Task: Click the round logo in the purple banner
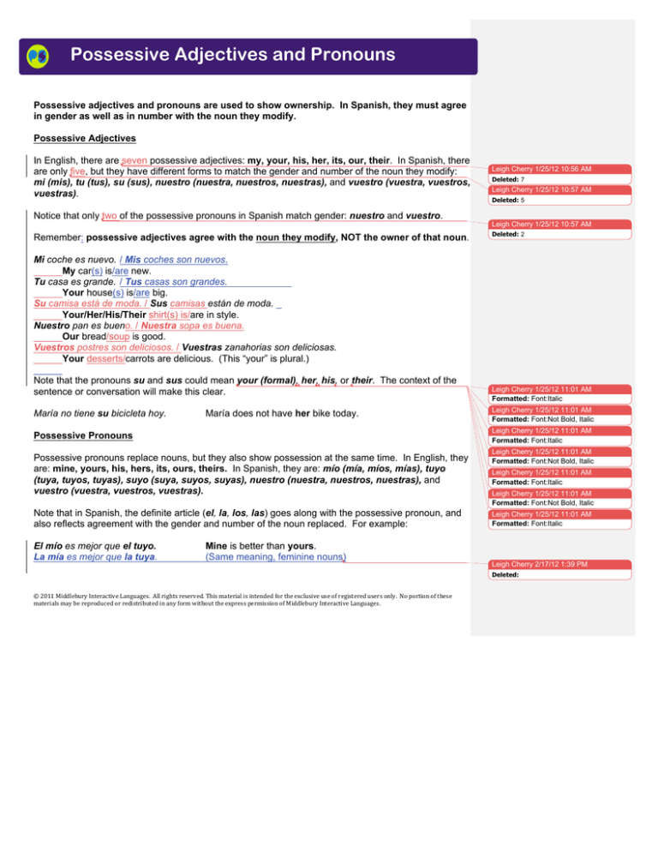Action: [x=39, y=57]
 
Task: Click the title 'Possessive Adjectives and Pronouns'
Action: [x=232, y=56]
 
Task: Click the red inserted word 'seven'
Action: [x=141, y=160]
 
